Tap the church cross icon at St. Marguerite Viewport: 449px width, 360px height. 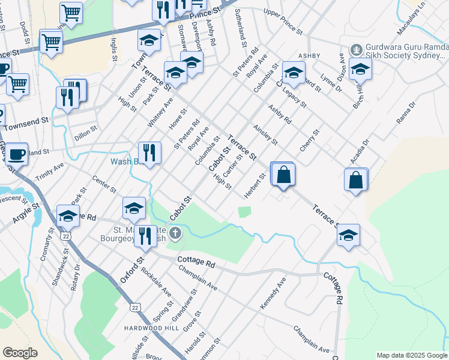coord(175,232)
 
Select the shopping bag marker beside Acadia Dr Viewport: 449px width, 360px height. coord(356,180)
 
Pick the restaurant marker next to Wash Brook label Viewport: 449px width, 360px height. coord(149,153)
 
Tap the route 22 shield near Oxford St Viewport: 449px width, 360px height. coord(134,307)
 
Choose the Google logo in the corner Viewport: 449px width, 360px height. coord(20,353)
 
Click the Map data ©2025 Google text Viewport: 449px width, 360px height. coord(411,355)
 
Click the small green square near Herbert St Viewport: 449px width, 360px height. coord(244,212)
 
